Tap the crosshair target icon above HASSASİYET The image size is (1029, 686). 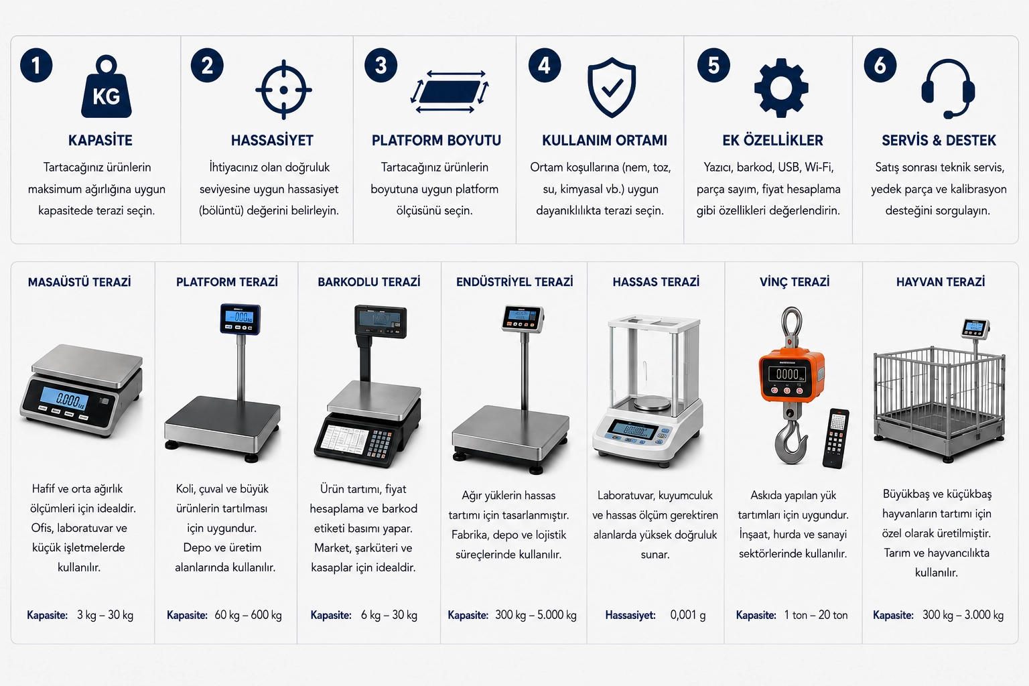(x=283, y=90)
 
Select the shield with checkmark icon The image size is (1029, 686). (x=612, y=87)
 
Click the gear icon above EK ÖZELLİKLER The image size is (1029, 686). (x=781, y=88)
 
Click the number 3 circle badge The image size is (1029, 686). (x=381, y=65)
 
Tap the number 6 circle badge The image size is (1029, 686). (x=880, y=65)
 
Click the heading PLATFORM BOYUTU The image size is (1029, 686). (x=436, y=140)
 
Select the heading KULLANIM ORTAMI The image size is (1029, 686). (x=604, y=140)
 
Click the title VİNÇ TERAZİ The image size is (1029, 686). (x=795, y=281)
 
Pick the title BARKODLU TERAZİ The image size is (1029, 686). (x=369, y=281)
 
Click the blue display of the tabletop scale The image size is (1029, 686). (x=64, y=399)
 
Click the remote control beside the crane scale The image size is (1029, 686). (x=835, y=438)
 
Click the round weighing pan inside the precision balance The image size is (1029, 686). (x=652, y=404)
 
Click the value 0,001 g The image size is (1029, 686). (x=688, y=615)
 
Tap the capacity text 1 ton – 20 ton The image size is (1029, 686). (x=815, y=615)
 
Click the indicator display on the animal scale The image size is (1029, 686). (x=974, y=328)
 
